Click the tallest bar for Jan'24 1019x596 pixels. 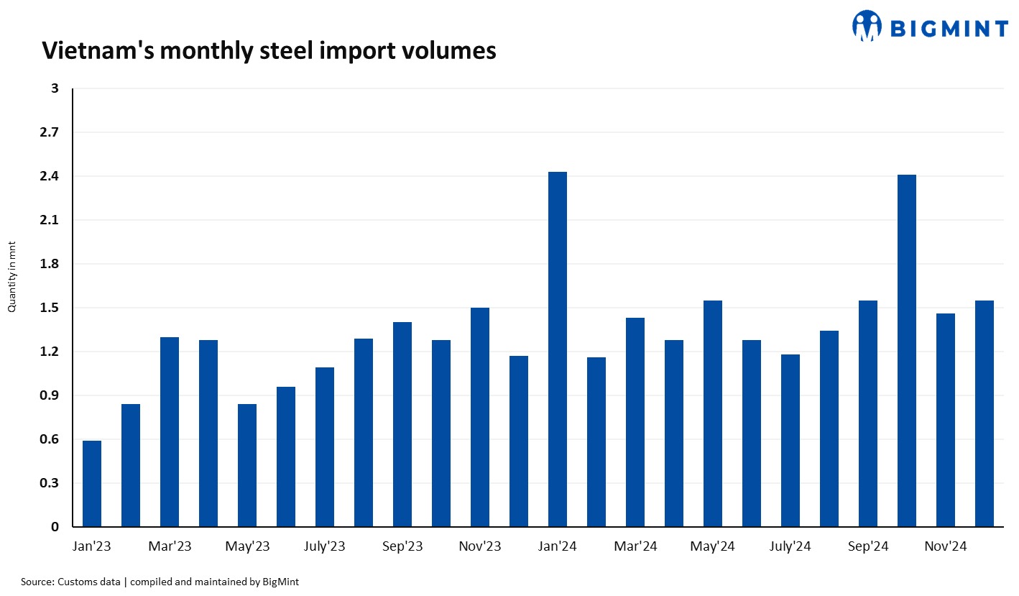(558, 349)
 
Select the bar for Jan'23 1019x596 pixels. (92, 484)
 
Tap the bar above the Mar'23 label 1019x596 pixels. (170, 432)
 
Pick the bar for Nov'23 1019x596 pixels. (480, 418)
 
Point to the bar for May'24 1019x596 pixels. (713, 414)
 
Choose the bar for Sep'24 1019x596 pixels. (868, 414)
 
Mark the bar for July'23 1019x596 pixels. (325, 447)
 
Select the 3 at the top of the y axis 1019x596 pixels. (54, 89)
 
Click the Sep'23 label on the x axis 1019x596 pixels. (402, 547)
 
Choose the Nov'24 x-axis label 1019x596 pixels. (946, 547)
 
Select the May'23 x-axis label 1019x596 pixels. (247, 547)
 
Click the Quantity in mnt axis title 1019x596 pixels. (11, 277)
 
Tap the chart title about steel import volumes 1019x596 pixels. (269, 50)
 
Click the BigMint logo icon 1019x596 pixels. (867, 26)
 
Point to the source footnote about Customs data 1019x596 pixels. (160, 582)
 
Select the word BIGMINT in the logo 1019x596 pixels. (949, 29)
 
